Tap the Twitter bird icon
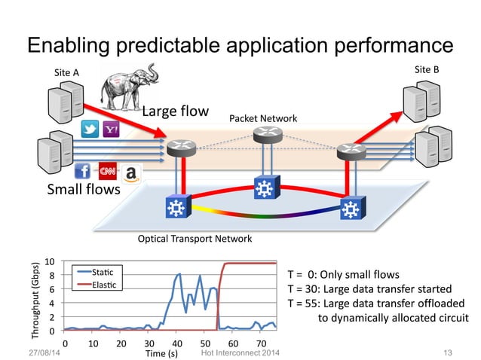point(90,130)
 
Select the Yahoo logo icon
point(110,130)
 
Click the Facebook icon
point(82,171)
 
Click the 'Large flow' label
point(176,112)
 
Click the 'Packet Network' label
point(262,119)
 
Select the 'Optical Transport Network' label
point(195,239)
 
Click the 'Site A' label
point(66,72)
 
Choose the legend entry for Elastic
point(103,284)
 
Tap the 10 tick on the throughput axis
point(48,261)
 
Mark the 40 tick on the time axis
point(178,343)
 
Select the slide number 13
point(449,352)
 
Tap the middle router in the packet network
point(265,135)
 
